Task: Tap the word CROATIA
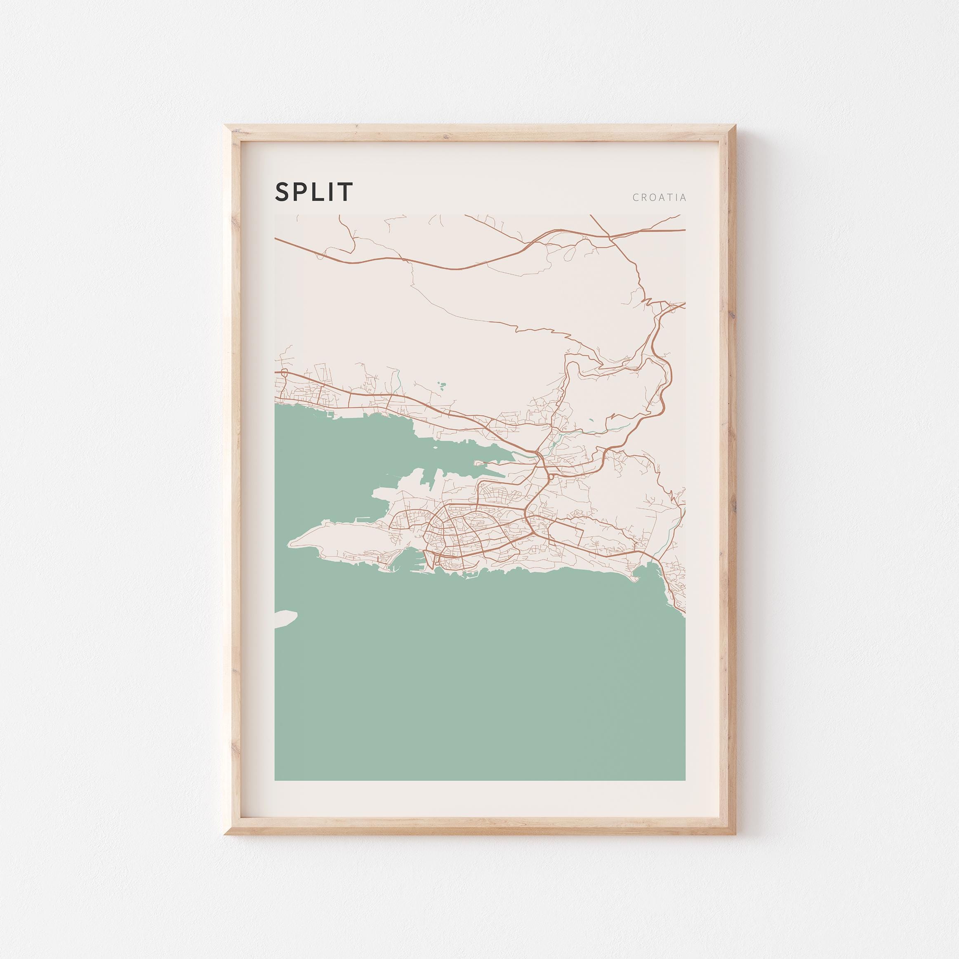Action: [x=659, y=198]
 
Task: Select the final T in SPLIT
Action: [x=346, y=192]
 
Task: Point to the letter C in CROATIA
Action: [x=636, y=198]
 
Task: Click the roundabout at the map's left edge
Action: [x=284, y=373]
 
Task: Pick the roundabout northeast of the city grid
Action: [x=551, y=477]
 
